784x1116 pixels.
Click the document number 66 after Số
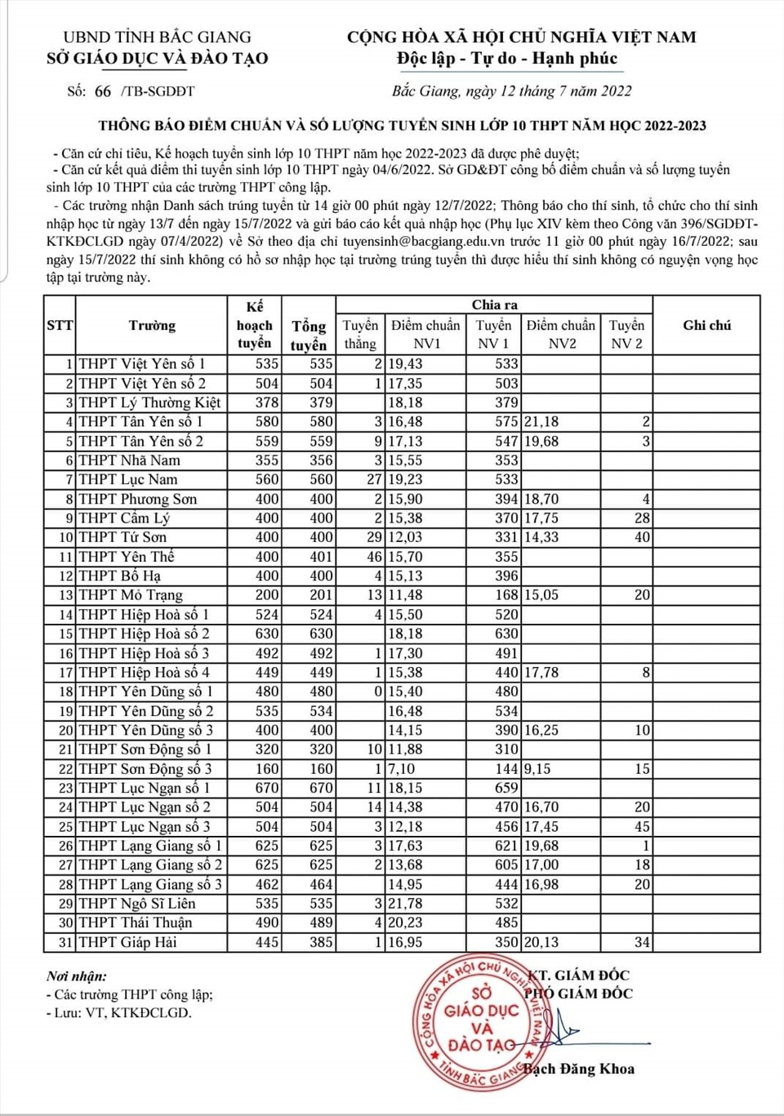tap(103, 91)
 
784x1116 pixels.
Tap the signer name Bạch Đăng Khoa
tap(579, 1069)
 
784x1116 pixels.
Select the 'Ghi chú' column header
tap(706, 325)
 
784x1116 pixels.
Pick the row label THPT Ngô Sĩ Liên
tap(136, 904)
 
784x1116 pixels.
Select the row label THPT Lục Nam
tap(128, 480)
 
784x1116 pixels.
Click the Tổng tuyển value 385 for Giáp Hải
tap(321, 942)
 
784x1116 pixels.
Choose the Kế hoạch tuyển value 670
tap(267, 788)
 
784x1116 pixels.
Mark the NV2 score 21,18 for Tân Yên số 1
tap(541, 422)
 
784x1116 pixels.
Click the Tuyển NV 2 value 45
tap(642, 826)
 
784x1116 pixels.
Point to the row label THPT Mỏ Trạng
tap(131, 595)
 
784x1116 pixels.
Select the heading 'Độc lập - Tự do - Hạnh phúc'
tap(507, 59)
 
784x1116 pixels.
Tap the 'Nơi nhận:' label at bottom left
tap(77, 976)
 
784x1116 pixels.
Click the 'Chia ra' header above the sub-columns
tap(494, 305)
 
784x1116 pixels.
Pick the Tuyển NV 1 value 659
tap(506, 788)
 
